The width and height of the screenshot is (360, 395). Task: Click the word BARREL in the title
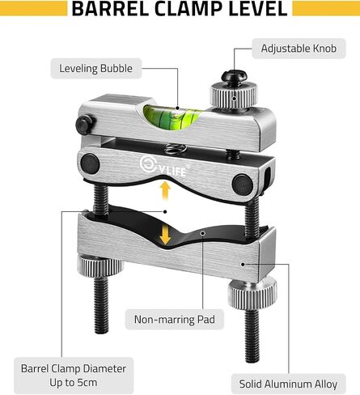click(110, 8)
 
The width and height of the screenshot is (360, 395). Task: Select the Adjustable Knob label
click(299, 49)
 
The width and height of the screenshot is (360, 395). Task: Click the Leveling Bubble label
click(96, 69)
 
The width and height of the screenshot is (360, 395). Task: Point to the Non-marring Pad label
click(175, 320)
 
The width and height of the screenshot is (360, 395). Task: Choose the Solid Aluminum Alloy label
click(288, 384)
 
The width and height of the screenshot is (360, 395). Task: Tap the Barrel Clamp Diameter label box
click(74, 376)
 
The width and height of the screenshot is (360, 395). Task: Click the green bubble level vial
click(172, 117)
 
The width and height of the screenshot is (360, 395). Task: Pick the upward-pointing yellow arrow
click(165, 190)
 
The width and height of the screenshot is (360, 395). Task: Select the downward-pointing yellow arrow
click(165, 235)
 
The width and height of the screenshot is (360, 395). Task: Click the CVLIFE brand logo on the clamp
click(163, 166)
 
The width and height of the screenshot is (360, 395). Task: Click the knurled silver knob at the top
click(234, 96)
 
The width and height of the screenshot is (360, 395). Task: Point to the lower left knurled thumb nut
click(100, 265)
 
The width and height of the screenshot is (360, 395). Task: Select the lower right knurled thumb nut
click(252, 295)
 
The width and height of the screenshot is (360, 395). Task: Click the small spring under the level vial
click(175, 148)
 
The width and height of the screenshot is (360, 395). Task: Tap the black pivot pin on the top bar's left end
click(86, 125)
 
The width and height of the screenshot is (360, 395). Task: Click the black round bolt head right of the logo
click(243, 185)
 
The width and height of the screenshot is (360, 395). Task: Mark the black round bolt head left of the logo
click(90, 164)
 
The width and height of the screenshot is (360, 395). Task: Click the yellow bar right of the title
click(326, 8)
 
